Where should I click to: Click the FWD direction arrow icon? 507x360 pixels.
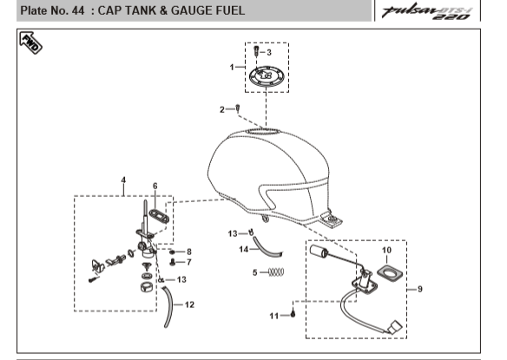coord(30,43)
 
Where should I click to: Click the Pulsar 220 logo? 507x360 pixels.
coord(427,12)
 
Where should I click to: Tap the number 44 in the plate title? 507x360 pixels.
coord(78,10)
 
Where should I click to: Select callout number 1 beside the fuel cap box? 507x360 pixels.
coord(232,67)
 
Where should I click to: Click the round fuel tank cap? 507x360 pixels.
coord(267,76)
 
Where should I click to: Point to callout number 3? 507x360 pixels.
coord(269,52)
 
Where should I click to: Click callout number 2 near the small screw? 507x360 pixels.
coord(222,110)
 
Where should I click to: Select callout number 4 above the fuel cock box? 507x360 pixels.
coord(123,180)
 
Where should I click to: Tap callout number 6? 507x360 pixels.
coord(155,187)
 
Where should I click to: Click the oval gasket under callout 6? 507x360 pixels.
coord(159,216)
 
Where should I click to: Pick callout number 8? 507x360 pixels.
coord(189,252)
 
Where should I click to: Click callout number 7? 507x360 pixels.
coord(189,262)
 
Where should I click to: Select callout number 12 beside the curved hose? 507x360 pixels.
coord(189,304)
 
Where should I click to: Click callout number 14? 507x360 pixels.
coord(243,250)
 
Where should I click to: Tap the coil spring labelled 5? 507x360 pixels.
coord(277,272)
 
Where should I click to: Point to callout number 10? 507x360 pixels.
coord(386,250)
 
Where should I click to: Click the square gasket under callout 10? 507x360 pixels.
coord(390,273)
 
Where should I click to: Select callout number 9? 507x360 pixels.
coord(420,289)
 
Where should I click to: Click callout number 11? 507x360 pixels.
coord(274,316)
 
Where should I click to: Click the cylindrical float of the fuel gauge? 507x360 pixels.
coord(319,251)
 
